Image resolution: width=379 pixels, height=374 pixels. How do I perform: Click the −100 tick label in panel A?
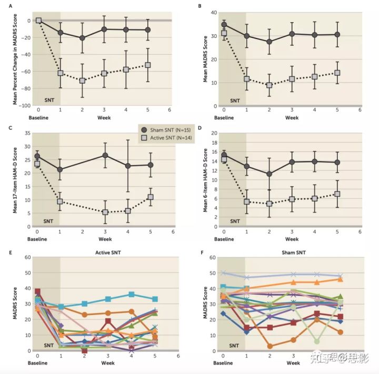(x=24, y=106)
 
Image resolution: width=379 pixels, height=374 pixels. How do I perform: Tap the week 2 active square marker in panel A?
(x=82, y=80)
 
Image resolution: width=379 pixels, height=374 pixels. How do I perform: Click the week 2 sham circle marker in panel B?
(x=269, y=42)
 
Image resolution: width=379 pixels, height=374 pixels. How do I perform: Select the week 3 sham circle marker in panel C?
(x=105, y=155)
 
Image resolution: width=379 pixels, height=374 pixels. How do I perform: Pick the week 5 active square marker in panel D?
(x=337, y=194)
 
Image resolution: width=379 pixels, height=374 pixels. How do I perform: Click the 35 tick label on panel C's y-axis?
(x=27, y=133)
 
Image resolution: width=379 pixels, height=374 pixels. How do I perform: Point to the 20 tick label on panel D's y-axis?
(x=214, y=133)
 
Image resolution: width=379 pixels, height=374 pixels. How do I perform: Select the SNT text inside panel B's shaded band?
(x=235, y=100)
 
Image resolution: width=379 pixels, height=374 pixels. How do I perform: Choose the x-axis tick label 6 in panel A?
(x=169, y=110)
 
